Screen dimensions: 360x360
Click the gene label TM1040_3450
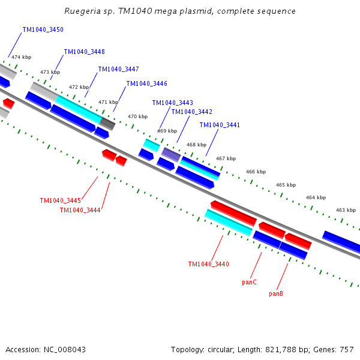click(x=43, y=29)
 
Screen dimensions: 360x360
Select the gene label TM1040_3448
click(x=85, y=52)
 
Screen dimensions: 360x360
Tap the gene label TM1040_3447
click(x=118, y=69)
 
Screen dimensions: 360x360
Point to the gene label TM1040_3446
click(x=146, y=83)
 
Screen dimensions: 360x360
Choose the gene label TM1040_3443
click(x=172, y=103)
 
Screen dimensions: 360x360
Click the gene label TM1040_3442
click(x=191, y=112)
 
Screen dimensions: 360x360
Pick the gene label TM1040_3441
click(x=220, y=125)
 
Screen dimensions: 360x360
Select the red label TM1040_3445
click(x=60, y=200)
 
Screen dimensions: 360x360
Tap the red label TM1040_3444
click(x=80, y=209)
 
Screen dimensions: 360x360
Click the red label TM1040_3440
click(x=208, y=264)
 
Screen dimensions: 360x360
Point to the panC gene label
click(x=249, y=281)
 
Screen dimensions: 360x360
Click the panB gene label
click(x=276, y=293)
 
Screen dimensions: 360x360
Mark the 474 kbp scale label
click(x=20, y=57)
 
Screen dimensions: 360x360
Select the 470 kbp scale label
click(x=137, y=116)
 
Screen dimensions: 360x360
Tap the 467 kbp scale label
click(x=226, y=158)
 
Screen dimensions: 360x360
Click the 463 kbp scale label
click(x=346, y=210)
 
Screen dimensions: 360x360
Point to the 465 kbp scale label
click(x=286, y=185)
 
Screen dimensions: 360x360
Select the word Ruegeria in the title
click(x=81, y=11)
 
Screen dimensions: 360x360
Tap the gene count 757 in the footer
click(x=347, y=349)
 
